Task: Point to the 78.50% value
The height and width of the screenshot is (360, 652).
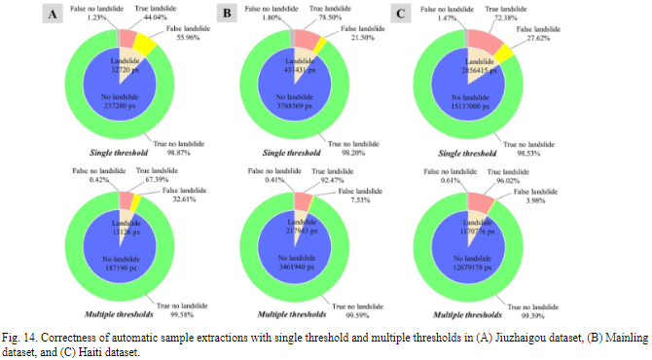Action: click(337, 17)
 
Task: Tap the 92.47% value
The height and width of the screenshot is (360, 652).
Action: click(337, 178)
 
